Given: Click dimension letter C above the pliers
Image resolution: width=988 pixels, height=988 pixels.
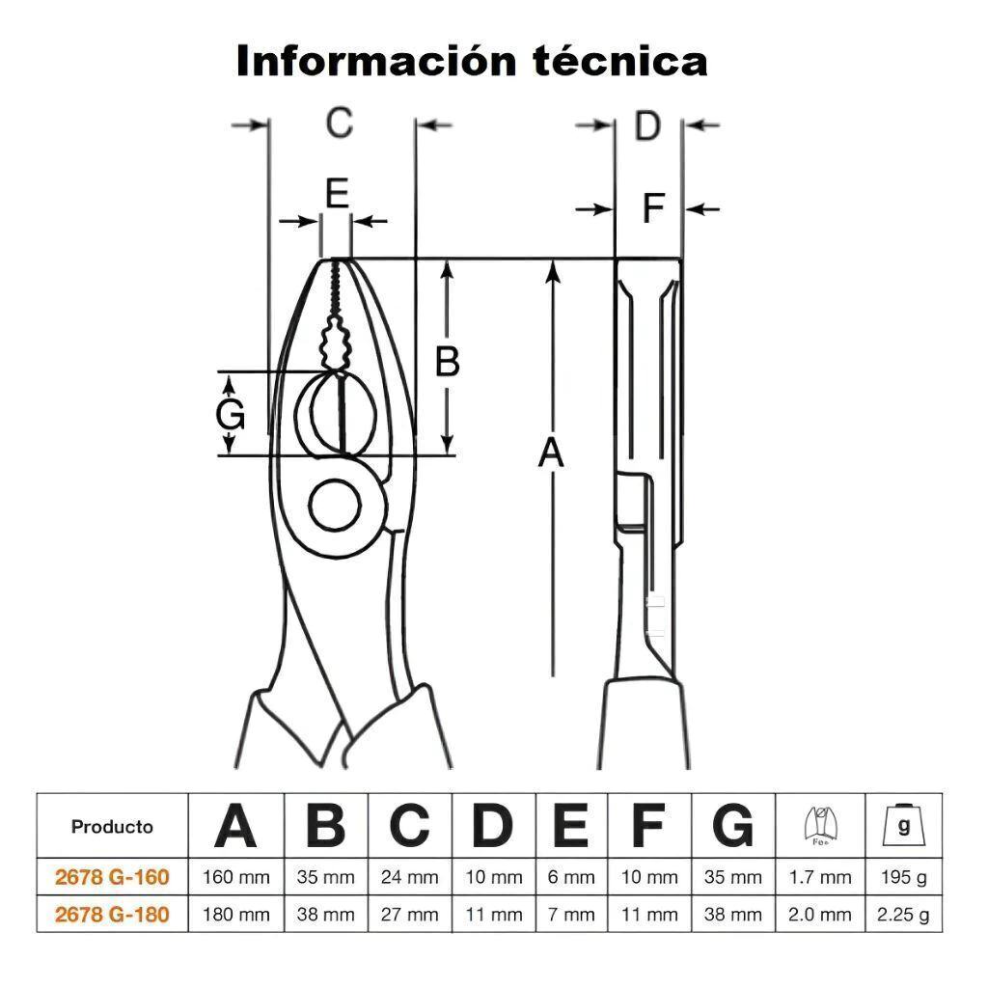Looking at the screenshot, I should coord(339,123).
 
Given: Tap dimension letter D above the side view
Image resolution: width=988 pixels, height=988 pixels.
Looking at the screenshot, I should coord(647,125).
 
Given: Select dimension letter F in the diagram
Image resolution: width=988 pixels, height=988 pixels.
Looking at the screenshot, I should coord(654,208).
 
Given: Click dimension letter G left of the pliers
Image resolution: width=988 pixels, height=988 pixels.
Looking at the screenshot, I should coord(230,416).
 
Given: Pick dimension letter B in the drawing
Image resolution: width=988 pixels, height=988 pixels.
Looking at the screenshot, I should coord(447,362).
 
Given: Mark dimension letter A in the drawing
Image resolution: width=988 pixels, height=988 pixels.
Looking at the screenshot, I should coord(551,453).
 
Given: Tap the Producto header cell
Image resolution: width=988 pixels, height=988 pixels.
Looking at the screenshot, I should coord(112,827).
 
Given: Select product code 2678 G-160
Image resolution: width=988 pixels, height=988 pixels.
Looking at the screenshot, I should coord(112,877).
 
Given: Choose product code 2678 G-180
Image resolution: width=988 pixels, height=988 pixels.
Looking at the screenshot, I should coord(112,914).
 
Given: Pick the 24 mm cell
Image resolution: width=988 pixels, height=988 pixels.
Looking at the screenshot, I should coord(409,878).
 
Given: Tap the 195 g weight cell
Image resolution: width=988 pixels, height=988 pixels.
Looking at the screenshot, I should coord(904,878).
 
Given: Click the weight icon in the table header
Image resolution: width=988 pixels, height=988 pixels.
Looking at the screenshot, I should coord(904,826).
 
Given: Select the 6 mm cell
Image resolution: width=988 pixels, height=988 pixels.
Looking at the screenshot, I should coord(571,878).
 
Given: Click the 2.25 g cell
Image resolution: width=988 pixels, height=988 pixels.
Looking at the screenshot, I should coord(904,915).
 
